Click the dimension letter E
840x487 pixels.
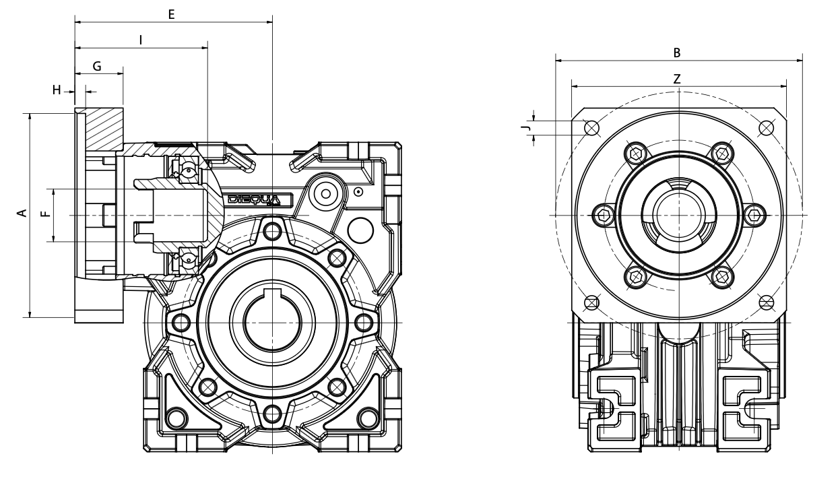(171, 13)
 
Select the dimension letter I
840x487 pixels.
(140, 40)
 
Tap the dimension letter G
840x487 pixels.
(97, 66)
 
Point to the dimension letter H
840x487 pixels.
(57, 90)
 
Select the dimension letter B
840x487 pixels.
(677, 52)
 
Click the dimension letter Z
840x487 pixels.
(677, 78)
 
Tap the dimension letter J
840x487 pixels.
(529, 127)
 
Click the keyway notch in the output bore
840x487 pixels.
(271, 294)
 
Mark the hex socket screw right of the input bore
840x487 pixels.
(755, 214)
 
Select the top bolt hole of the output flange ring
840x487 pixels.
(271, 231)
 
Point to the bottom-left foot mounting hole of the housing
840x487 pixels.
(176, 418)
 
